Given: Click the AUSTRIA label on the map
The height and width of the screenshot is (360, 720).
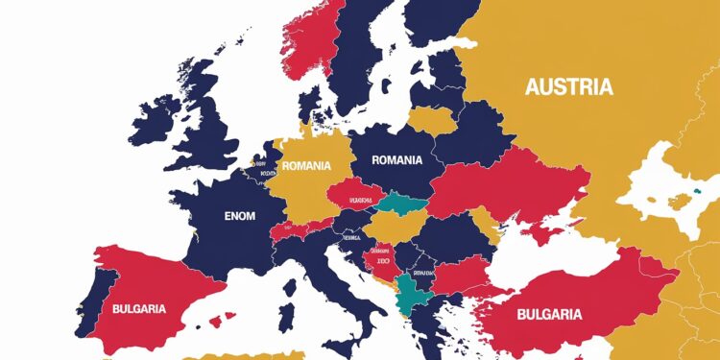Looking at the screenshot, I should pos(568,87).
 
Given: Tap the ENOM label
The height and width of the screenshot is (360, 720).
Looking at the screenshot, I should pos(239,216).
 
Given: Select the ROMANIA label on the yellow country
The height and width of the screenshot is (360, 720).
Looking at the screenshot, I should pos(305,165).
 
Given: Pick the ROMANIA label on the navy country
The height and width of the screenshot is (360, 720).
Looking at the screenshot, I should pos(396,160).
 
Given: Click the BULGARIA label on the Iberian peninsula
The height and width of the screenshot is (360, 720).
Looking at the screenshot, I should pos(138,309).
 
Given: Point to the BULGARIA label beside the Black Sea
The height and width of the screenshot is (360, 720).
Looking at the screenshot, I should pos(547,314).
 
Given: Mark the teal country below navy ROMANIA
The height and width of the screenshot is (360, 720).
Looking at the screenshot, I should pos(400,204).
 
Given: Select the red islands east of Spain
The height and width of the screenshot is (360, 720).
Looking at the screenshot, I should pos(228,316).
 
